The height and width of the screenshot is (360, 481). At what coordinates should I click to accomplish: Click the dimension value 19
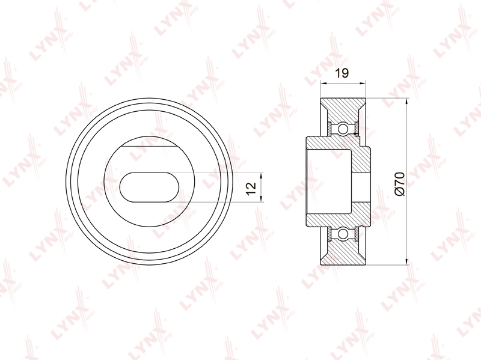[342, 73]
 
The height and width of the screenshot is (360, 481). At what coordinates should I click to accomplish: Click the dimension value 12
[251, 188]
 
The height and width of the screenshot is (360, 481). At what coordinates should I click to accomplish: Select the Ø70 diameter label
[400, 184]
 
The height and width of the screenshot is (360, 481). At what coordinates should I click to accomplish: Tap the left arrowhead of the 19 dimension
[322, 83]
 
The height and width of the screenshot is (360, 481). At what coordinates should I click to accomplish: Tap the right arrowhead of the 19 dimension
[364, 83]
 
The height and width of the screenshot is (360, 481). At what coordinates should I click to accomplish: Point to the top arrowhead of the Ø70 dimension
[407, 102]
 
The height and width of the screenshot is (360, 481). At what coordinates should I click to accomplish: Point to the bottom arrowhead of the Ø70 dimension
[407, 261]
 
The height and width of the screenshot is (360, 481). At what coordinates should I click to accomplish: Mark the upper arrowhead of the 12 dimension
[261, 175]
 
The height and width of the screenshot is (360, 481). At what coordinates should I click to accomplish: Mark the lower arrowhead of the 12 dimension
[261, 199]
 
